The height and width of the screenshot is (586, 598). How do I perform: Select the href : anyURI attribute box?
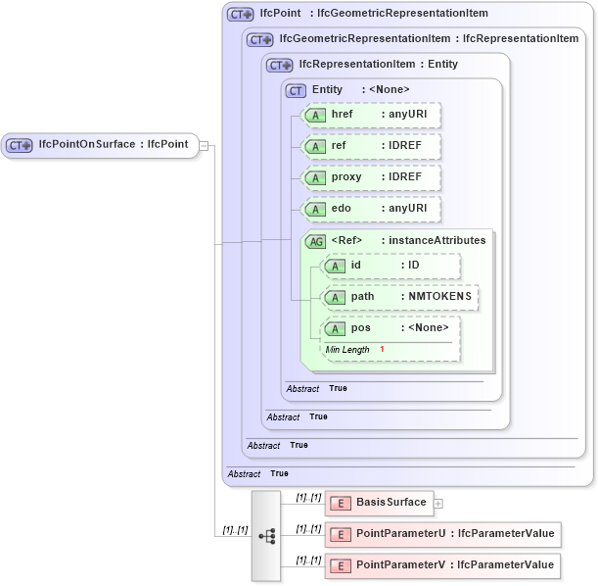pyautogui.click(x=371, y=115)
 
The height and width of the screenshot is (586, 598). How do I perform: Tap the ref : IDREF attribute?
pyautogui.click(x=371, y=146)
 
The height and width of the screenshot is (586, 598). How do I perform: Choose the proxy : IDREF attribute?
pyautogui.click(x=371, y=177)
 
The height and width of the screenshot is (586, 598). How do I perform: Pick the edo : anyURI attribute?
pyautogui.click(x=371, y=209)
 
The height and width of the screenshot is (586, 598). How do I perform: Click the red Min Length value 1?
pyautogui.click(x=382, y=350)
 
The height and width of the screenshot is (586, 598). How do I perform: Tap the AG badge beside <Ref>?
pyautogui.click(x=315, y=241)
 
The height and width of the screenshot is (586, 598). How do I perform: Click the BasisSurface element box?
pyautogui.click(x=379, y=503)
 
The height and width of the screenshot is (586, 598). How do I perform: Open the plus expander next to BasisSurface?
pyautogui.click(x=438, y=504)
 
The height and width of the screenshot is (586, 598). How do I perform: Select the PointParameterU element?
pyautogui.click(x=442, y=534)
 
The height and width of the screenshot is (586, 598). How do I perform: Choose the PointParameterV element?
pyautogui.click(x=442, y=565)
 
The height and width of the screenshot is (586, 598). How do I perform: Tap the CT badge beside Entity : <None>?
pyautogui.click(x=296, y=90)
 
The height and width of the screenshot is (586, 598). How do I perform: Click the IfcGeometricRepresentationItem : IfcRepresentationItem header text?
pyautogui.click(x=429, y=39)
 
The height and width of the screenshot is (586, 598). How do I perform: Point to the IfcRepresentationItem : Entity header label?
pyautogui.click(x=378, y=65)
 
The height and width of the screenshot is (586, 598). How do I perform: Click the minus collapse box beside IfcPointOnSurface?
pyautogui.click(x=204, y=145)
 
